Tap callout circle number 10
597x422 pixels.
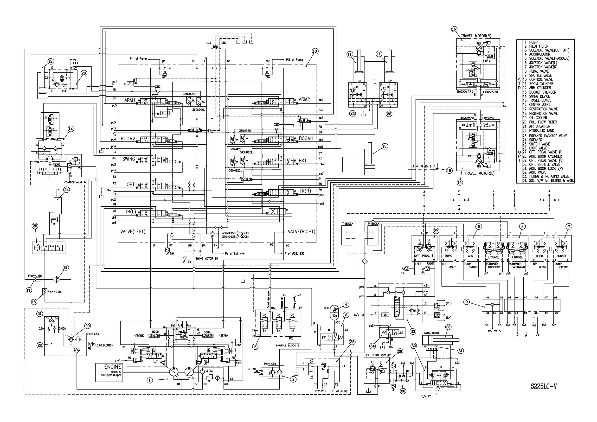315,51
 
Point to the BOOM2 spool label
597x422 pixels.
128,139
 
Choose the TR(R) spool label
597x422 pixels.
305,191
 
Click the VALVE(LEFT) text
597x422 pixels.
133,232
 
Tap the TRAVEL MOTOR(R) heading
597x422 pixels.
476,36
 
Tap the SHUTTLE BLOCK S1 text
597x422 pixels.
288,345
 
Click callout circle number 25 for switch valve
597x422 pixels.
35,226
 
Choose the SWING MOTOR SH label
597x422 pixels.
206,258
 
